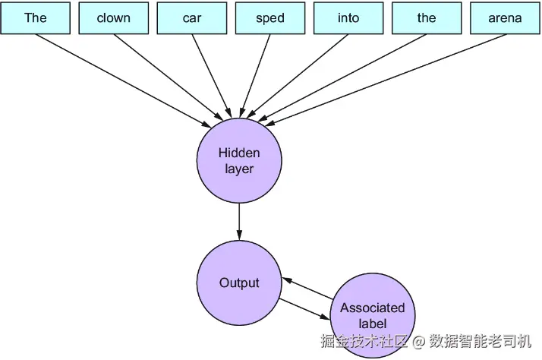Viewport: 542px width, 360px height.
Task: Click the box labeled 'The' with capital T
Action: coord(35,18)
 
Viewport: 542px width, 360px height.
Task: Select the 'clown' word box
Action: coord(114,18)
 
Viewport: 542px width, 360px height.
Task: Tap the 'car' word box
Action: coord(192,18)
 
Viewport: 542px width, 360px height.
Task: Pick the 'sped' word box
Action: coord(270,18)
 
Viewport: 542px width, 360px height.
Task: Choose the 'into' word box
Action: coord(348,18)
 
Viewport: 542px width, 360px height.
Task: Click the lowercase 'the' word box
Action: coord(427,18)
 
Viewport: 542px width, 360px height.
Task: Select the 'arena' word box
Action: coord(505,18)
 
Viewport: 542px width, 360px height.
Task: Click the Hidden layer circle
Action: coord(239,160)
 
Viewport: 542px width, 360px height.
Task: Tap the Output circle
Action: coord(239,283)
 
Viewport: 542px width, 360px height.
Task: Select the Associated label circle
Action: coord(373,315)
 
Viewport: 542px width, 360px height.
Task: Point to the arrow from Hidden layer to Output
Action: coord(239,222)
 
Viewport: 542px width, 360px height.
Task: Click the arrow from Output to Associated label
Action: coord(304,309)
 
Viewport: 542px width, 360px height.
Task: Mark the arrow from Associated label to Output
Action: coord(307,289)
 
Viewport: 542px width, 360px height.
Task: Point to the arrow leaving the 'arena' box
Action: coord(385,80)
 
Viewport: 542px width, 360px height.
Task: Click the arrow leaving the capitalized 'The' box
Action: coord(124,81)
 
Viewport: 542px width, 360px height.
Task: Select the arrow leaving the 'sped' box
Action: coord(256,76)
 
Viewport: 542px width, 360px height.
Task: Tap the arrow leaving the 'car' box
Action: coord(212,76)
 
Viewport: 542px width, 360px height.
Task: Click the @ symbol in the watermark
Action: coord(418,342)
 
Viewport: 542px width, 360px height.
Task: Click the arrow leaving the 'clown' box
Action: coord(169,77)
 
